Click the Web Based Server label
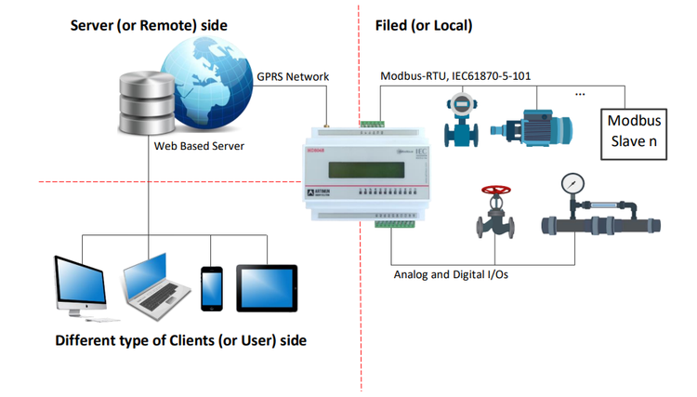click(197, 145)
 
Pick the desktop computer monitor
click(80, 279)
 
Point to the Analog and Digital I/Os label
click(451, 274)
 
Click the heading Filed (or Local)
click(424, 25)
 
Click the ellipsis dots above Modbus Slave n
click(581, 95)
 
